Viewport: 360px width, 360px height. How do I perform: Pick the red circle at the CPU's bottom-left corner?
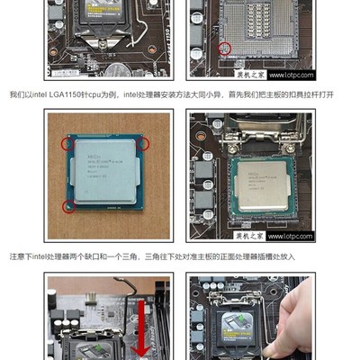click(x=66, y=207)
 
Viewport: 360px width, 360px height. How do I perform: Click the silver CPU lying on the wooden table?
click(x=104, y=174)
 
